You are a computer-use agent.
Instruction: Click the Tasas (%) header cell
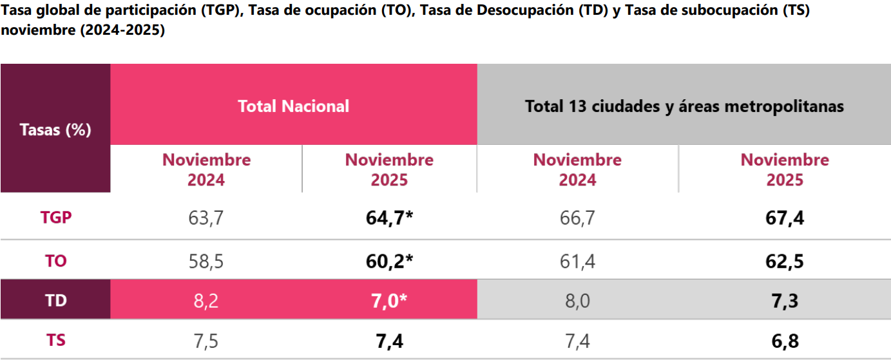point(55,129)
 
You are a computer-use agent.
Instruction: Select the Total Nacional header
point(293,106)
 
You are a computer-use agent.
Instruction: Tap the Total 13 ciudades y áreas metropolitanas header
point(684,106)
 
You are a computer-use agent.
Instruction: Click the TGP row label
point(55,218)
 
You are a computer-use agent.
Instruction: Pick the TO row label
point(55,261)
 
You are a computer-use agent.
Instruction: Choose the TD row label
point(55,300)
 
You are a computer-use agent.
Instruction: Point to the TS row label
point(55,340)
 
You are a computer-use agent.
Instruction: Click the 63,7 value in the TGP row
point(206,218)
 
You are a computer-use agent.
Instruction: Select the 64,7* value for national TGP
point(389,218)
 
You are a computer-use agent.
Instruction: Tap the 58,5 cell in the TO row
point(206,261)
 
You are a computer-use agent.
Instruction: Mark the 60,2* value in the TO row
point(389,261)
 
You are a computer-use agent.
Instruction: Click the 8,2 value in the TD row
point(206,301)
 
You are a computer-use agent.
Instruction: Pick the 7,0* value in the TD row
point(389,301)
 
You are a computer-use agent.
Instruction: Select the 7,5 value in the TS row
point(206,341)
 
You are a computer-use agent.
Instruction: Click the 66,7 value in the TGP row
point(577,218)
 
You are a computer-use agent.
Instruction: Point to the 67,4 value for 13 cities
point(785,218)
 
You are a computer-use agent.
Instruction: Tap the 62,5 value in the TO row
point(785,261)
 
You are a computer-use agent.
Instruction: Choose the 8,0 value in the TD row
point(577,301)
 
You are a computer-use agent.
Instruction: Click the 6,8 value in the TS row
point(785,341)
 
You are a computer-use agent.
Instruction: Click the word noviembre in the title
point(34,30)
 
